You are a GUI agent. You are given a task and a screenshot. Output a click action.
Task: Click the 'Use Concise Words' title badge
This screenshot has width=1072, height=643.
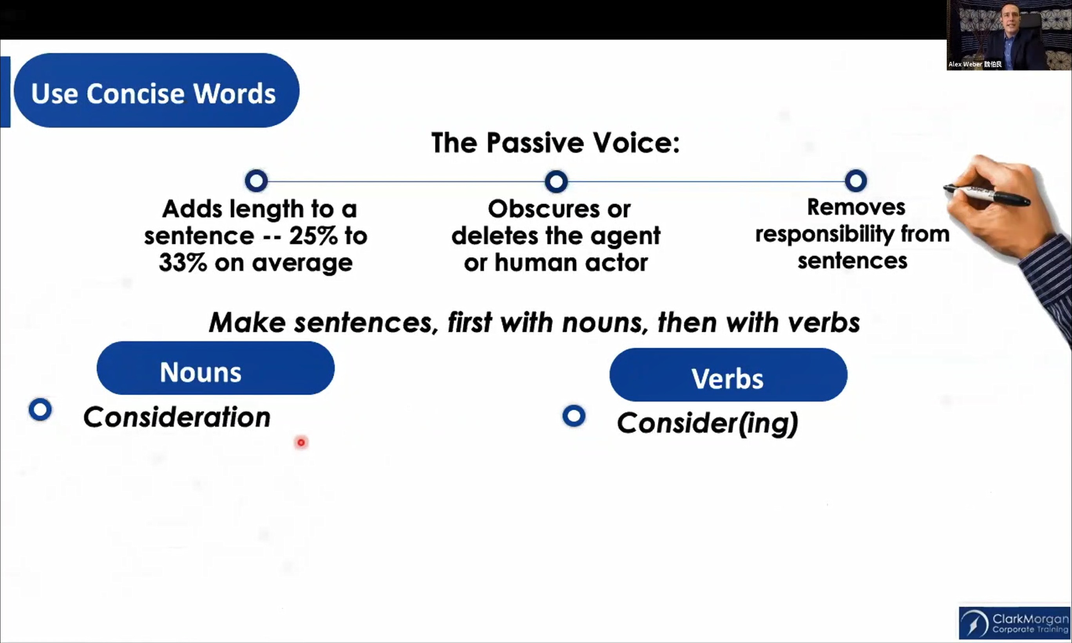(156, 90)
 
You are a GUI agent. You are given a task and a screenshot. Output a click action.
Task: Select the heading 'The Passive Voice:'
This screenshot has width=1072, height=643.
(555, 143)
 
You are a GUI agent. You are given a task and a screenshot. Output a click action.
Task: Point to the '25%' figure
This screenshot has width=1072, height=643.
(313, 236)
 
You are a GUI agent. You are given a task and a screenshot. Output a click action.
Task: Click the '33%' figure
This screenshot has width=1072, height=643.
(183, 263)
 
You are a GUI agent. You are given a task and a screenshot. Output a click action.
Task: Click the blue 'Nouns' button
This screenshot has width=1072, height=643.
(215, 368)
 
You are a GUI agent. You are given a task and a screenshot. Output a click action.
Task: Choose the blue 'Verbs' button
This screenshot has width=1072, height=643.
(728, 375)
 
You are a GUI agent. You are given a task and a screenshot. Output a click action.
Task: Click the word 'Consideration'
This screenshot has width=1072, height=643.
(177, 417)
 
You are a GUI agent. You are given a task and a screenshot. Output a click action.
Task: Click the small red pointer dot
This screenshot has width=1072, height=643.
(301, 443)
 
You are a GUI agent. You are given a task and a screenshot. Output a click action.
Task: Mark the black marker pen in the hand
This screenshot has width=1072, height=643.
(987, 195)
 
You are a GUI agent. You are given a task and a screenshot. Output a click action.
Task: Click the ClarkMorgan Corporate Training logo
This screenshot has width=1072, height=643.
(1015, 623)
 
